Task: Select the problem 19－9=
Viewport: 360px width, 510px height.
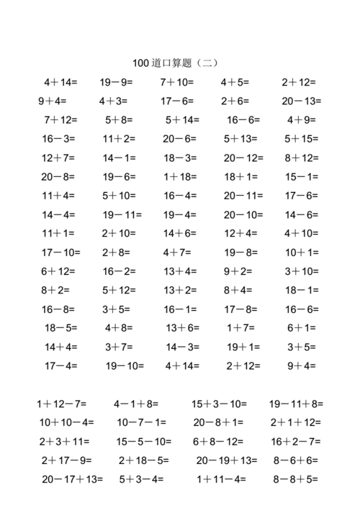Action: click(117, 82)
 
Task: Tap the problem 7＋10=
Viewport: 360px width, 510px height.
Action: click(177, 82)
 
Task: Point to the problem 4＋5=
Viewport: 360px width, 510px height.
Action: click(235, 82)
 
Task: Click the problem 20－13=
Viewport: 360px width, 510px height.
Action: click(302, 101)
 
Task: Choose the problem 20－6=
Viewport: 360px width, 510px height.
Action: click(179, 138)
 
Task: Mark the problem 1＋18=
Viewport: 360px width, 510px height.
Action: click(179, 176)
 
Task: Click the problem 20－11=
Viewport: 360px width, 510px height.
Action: click(243, 195)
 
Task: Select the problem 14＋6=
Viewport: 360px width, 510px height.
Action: click(179, 233)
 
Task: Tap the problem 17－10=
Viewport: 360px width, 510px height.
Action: click(61, 252)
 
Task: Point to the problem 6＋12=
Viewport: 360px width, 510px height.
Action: click(58, 271)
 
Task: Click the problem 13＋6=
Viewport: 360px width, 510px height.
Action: click(183, 327)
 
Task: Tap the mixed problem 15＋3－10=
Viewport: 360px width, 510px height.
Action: click(219, 404)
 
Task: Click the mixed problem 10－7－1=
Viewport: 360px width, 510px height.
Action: click(142, 422)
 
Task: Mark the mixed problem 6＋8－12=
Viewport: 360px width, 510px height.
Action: click(219, 441)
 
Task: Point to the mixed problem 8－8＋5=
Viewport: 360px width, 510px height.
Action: click(295, 478)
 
